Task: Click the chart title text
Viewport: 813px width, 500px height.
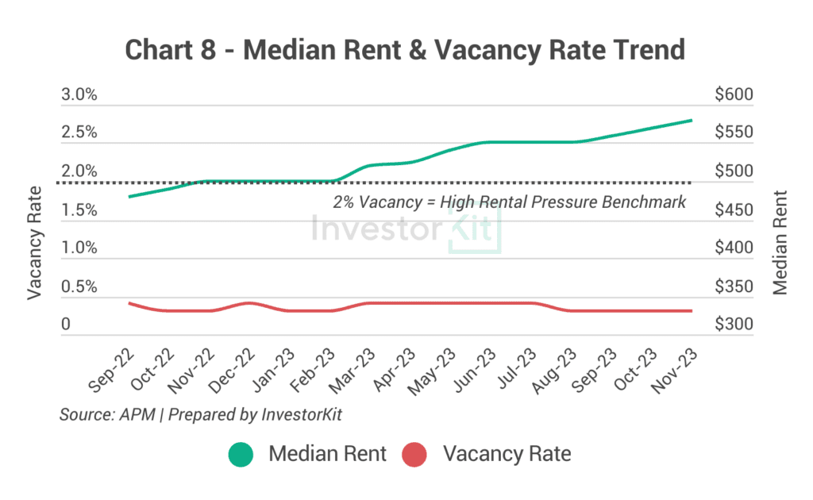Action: [x=406, y=49]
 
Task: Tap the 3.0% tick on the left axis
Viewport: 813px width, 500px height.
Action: [x=79, y=95]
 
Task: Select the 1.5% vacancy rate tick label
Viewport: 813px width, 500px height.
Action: [x=79, y=210]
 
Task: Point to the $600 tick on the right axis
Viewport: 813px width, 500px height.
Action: [x=733, y=95]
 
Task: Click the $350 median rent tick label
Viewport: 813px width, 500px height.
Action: [x=733, y=287]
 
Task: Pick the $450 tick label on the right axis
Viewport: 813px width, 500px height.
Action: [x=733, y=210]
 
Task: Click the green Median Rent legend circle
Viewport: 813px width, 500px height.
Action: [x=241, y=455]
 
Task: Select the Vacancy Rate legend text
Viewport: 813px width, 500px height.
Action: [x=507, y=455]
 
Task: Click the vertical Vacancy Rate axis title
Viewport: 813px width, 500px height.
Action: [x=34, y=242]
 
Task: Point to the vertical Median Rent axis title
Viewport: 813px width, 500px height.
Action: [x=781, y=242]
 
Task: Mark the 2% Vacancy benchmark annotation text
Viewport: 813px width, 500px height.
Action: [x=509, y=202]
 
